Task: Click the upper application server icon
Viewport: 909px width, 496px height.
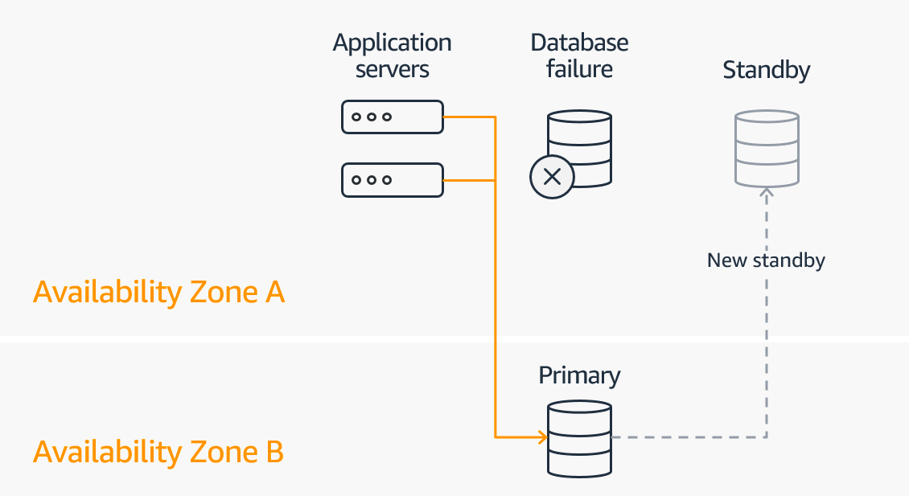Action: (393, 117)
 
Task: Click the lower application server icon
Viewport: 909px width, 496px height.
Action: (393, 180)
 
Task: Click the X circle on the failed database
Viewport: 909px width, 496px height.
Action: (552, 177)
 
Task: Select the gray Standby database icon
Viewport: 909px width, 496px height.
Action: (767, 150)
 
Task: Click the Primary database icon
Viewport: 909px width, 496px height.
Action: (579, 438)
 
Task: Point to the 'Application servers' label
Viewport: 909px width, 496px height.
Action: (393, 55)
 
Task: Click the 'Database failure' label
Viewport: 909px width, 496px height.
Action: (579, 55)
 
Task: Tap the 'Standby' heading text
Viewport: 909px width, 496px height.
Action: (767, 70)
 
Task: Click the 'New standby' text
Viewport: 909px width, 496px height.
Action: (767, 260)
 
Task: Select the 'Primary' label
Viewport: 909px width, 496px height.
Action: (579, 375)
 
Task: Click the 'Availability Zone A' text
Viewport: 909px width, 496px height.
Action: (159, 293)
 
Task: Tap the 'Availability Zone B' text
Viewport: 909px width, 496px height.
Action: (158, 453)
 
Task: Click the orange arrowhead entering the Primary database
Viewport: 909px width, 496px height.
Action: (541, 438)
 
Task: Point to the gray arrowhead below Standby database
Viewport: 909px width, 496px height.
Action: (767, 193)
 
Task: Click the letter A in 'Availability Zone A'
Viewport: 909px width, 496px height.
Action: (274, 293)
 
